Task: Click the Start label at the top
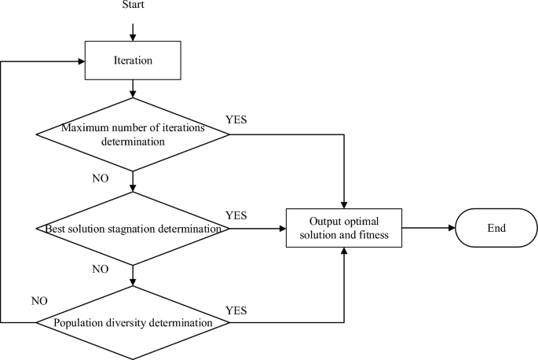tap(134, 6)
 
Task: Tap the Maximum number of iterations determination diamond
tap(134, 134)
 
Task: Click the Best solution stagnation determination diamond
tap(134, 229)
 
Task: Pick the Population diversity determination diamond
tap(134, 322)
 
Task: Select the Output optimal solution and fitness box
tap(344, 228)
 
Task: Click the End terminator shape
tap(496, 228)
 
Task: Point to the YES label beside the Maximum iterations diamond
tap(236, 121)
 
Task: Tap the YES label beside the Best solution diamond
tap(236, 215)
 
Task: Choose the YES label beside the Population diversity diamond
tap(236, 310)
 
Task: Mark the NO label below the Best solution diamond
tap(101, 270)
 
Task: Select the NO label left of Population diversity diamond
tap(39, 300)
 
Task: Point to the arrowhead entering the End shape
tap(452, 228)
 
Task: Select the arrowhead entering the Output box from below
tap(344, 251)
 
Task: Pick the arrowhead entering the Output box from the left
tap(282, 229)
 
